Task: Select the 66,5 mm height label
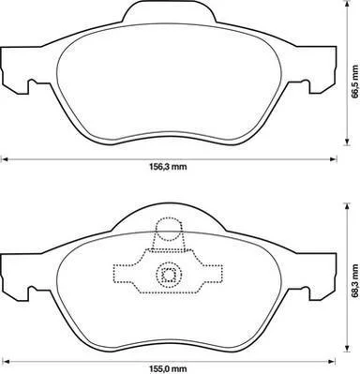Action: click(354, 82)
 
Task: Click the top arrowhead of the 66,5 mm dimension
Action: click(346, 4)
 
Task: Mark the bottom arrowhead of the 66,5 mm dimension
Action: click(346, 142)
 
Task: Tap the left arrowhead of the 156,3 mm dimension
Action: click(5, 159)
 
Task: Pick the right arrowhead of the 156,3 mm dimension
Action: click(334, 159)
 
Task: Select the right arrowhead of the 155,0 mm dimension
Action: click(333, 361)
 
